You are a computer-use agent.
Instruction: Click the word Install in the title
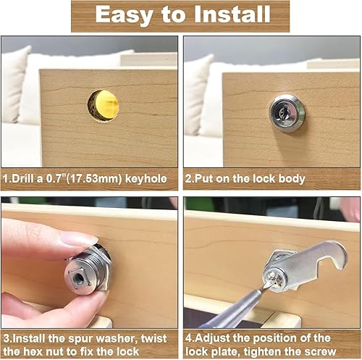coord(232,14)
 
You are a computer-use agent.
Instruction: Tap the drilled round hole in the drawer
coord(104,106)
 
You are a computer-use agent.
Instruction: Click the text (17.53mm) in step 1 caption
coord(94,179)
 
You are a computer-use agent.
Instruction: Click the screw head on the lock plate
coord(274,280)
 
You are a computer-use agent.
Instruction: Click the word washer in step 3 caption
coord(117,338)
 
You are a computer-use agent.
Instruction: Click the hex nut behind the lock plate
coord(277,259)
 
